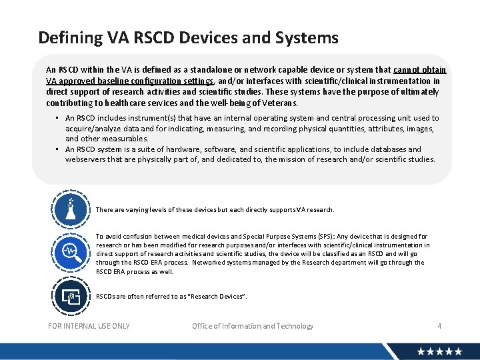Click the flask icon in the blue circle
pyautogui.click(x=71, y=209)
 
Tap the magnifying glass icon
pyautogui.click(x=71, y=251)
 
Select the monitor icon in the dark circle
pyautogui.click(x=71, y=295)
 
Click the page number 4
pyautogui.click(x=439, y=326)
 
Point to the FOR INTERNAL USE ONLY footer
pyautogui.click(x=89, y=326)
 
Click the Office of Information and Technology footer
pyautogui.click(x=253, y=326)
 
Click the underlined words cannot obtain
pyautogui.click(x=420, y=69)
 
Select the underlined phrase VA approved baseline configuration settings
pyautogui.click(x=130, y=81)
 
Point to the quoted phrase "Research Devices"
pyautogui.click(x=217, y=296)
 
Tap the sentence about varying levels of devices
pyautogui.click(x=215, y=210)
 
